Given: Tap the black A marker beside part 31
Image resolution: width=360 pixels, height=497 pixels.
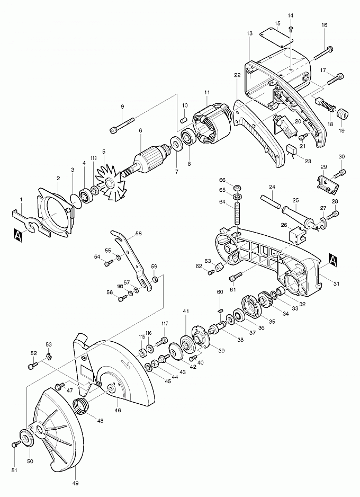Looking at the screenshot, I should (x=333, y=260).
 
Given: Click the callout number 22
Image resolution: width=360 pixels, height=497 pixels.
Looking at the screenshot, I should (x=237, y=75).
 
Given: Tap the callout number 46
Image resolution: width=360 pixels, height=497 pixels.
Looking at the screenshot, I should (x=118, y=410).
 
